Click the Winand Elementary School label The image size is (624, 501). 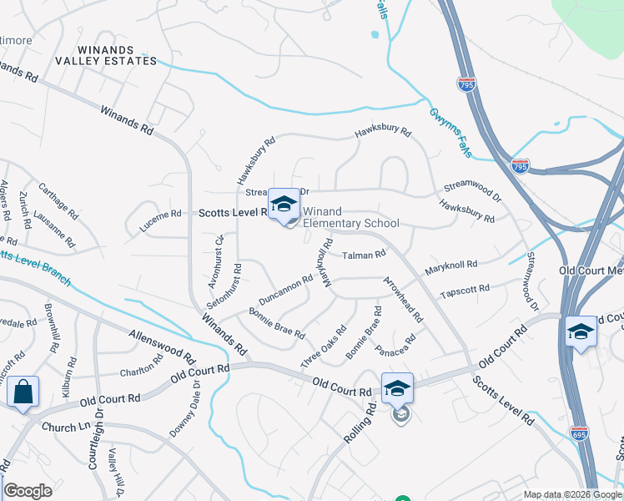(x=350, y=217)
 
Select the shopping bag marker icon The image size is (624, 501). (x=23, y=391)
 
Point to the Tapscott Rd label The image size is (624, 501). (x=464, y=291)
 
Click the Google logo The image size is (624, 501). (x=28, y=491)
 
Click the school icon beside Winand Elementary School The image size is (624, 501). (x=284, y=204)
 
